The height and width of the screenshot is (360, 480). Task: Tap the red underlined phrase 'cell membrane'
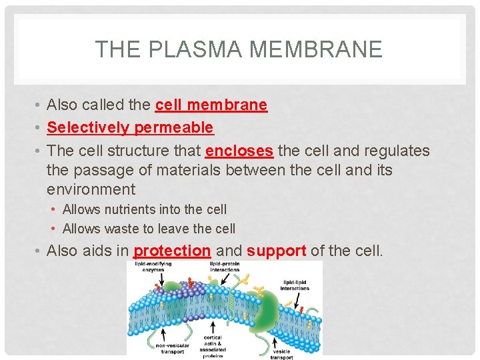(211, 105)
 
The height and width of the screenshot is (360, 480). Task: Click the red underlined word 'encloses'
(239, 151)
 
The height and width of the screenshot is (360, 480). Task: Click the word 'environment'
(91, 189)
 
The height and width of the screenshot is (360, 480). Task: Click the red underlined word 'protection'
(172, 251)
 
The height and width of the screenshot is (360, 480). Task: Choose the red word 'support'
(276, 251)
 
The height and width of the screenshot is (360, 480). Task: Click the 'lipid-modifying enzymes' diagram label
(154, 268)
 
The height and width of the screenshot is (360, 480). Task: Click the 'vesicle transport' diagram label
(281, 352)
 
